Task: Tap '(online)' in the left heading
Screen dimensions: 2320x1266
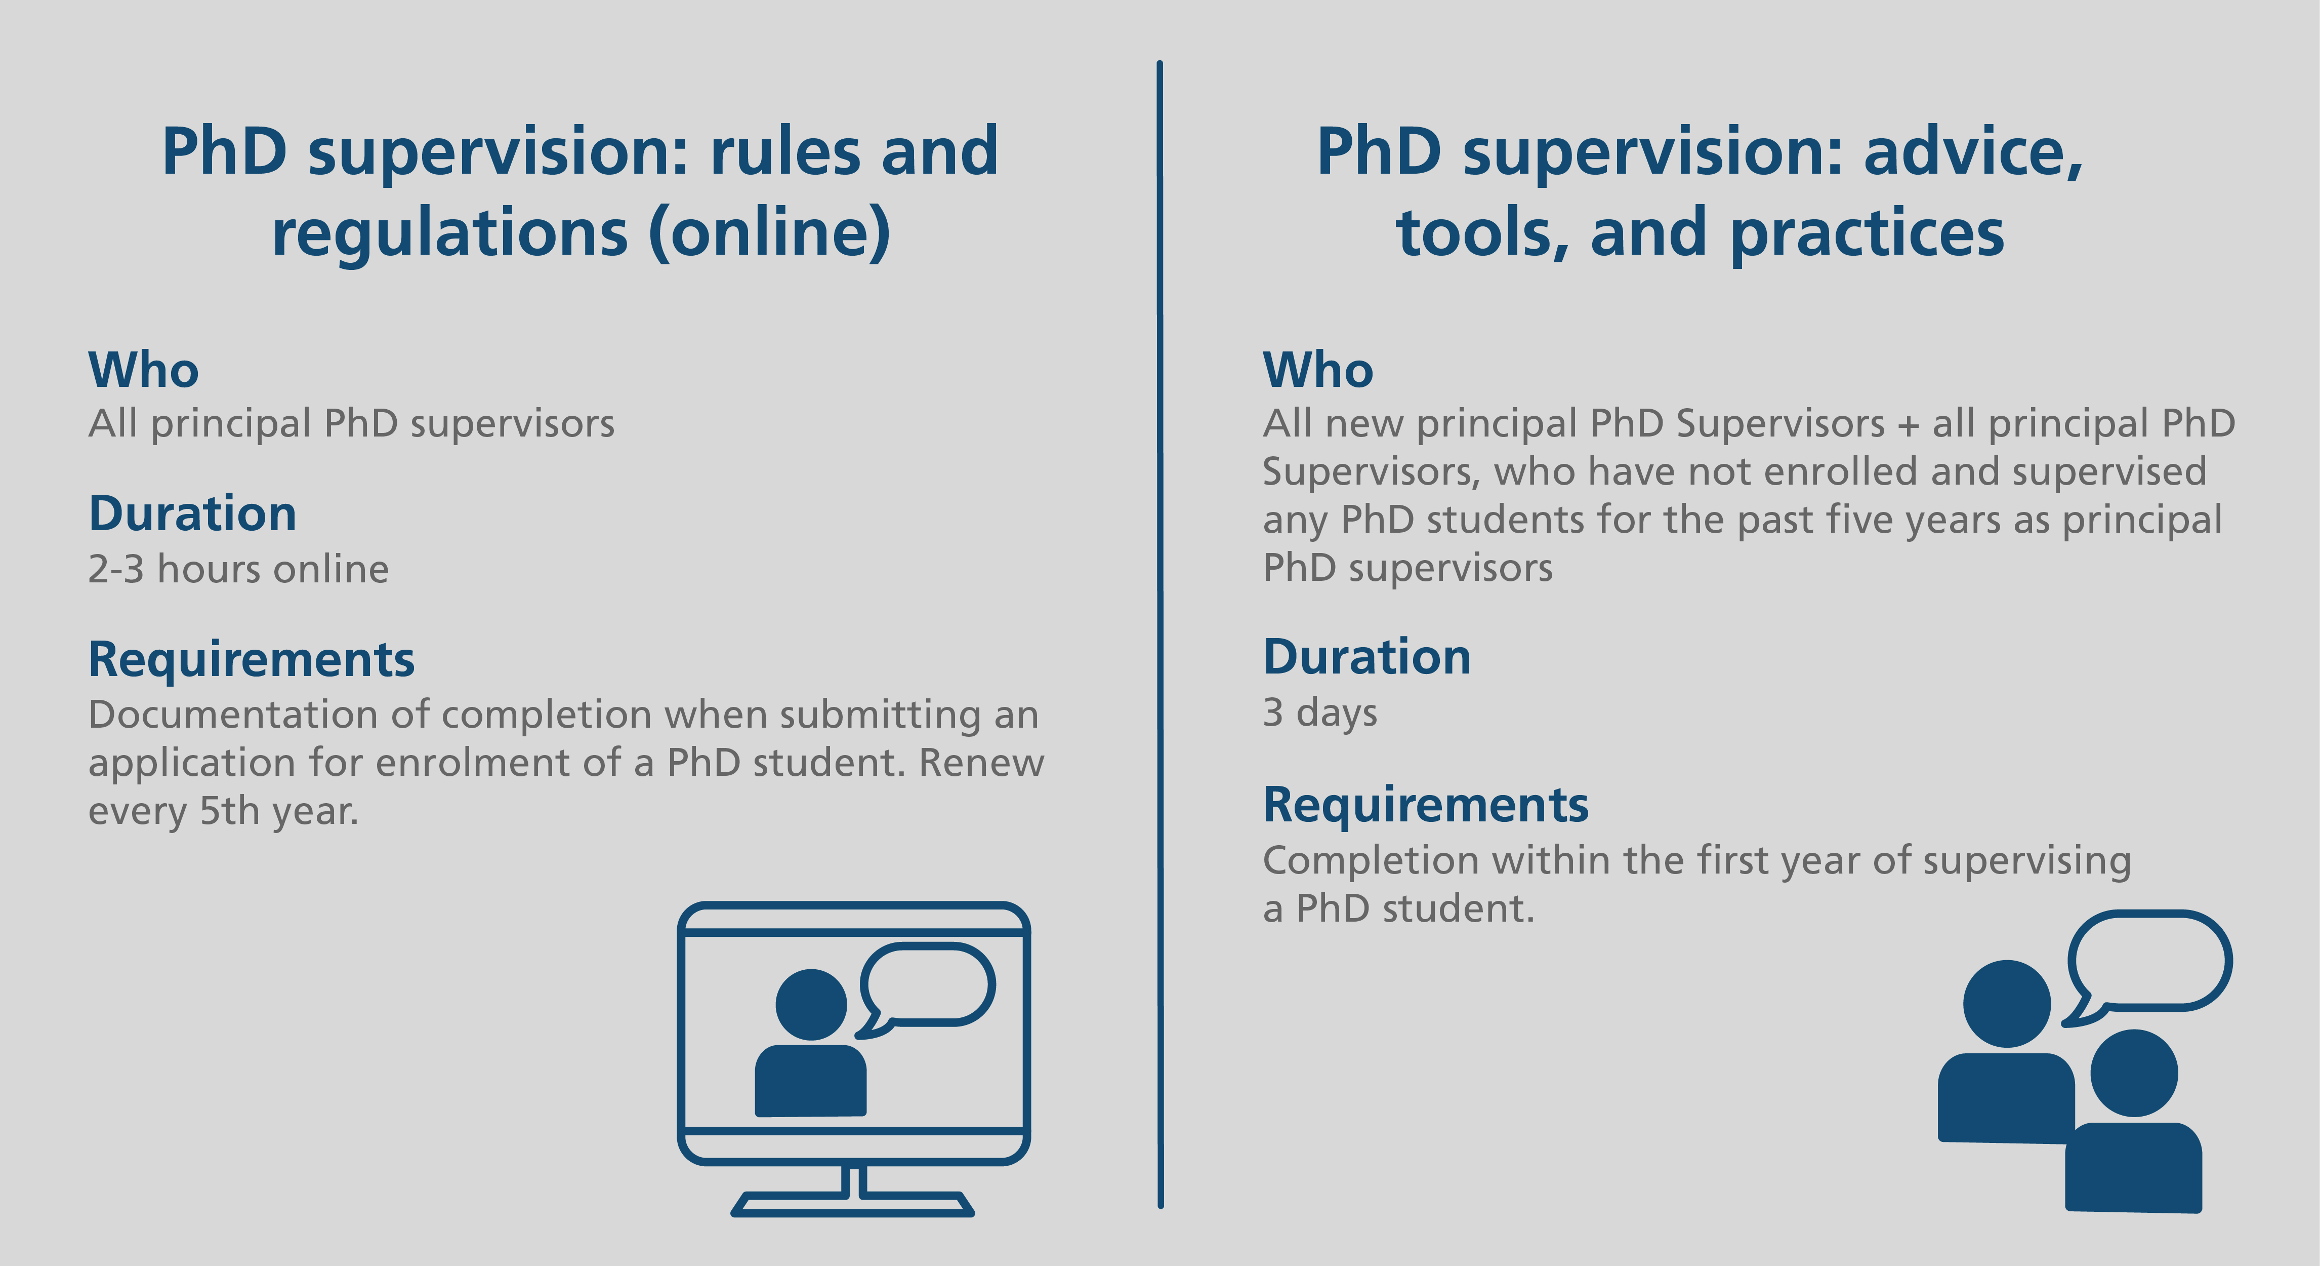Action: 769,234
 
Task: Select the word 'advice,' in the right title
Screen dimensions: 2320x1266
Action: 1972,153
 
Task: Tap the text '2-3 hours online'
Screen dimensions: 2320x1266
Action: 239,570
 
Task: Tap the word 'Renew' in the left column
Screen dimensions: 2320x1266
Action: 981,763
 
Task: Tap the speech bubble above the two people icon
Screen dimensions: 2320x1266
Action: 2148,966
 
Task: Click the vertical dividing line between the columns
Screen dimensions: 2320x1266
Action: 1160,635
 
